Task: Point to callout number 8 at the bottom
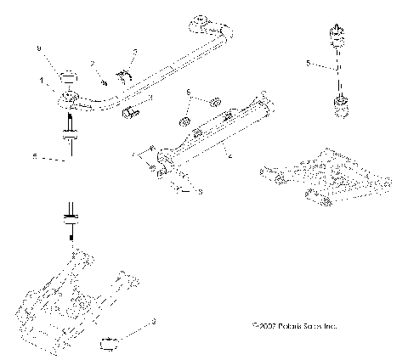(x=154, y=321)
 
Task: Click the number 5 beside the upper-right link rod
(x=309, y=62)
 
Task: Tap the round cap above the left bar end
(x=68, y=74)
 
